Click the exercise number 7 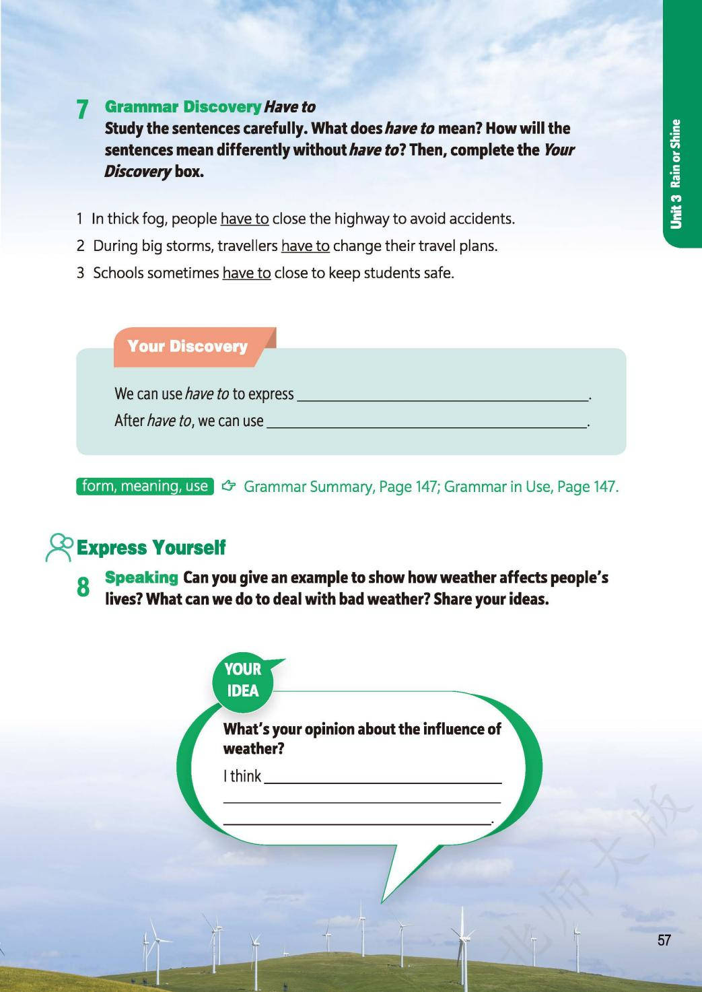click(82, 109)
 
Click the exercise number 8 click(83, 588)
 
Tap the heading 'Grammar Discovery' click(182, 107)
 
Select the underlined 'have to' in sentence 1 click(244, 219)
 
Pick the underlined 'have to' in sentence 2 click(305, 246)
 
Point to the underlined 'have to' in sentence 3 click(246, 273)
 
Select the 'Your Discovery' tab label click(187, 347)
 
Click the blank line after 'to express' click(442, 397)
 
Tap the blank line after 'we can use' click(427, 424)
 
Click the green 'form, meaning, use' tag click(145, 486)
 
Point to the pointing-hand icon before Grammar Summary click(229, 486)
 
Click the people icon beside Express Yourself click(59, 547)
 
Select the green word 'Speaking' click(141, 577)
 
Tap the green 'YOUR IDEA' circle click(243, 680)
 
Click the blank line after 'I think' click(382, 779)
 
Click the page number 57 click(664, 940)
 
